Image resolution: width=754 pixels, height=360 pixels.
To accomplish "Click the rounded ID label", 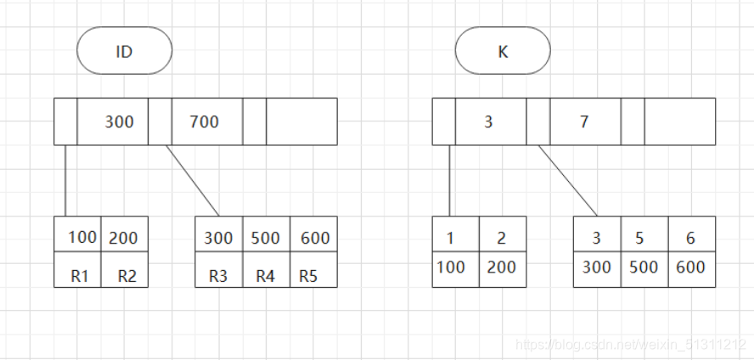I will [x=124, y=51].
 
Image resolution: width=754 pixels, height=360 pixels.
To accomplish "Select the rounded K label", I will [x=503, y=51].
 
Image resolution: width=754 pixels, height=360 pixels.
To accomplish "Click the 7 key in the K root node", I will [x=584, y=121].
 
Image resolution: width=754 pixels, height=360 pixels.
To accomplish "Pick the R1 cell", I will [x=79, y=275].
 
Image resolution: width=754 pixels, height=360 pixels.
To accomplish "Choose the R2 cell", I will [x=127, y=275].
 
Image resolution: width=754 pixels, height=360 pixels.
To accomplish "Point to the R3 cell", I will [x=219, y=275].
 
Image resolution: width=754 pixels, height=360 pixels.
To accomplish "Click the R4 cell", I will [x=266, y=275].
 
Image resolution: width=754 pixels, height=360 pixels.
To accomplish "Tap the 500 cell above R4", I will [x=266, y=239].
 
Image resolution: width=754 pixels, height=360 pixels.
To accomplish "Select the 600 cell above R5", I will [x=314, y=239].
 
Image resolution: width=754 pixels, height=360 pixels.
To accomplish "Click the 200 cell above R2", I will [x=124, y=239].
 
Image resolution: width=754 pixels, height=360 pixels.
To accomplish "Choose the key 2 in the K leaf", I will [x=503, y=239].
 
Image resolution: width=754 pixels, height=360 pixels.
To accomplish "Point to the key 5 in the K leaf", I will [x=644, y=239].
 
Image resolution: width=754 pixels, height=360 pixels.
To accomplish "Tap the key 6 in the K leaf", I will [x=691, y=239].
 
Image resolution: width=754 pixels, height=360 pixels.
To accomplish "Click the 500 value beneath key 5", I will [x=644, y=267].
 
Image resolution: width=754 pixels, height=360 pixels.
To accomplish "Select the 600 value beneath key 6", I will [x=691, y=267].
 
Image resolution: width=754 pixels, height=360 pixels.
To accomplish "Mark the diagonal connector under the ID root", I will [x=193, y=181].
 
